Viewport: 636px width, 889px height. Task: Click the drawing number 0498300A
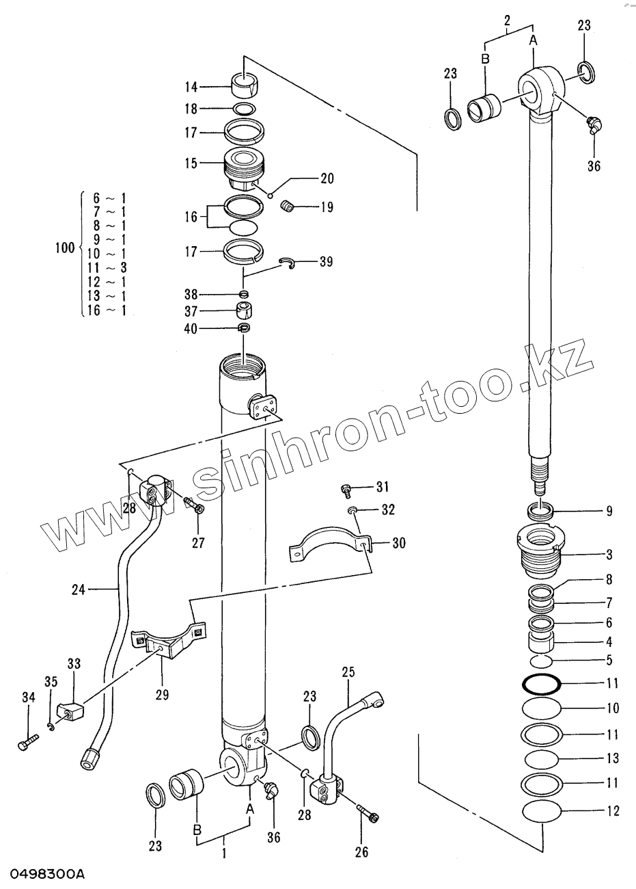48,875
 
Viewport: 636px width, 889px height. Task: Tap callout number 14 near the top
191,87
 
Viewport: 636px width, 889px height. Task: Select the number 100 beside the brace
65,248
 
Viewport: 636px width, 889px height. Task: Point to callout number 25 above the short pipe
348,674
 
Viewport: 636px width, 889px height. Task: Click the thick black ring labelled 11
541,683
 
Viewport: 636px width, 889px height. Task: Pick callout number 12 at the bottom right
612,811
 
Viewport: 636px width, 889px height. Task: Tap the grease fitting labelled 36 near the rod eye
594,125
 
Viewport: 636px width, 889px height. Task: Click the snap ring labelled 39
289,263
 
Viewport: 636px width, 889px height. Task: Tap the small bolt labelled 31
346,489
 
